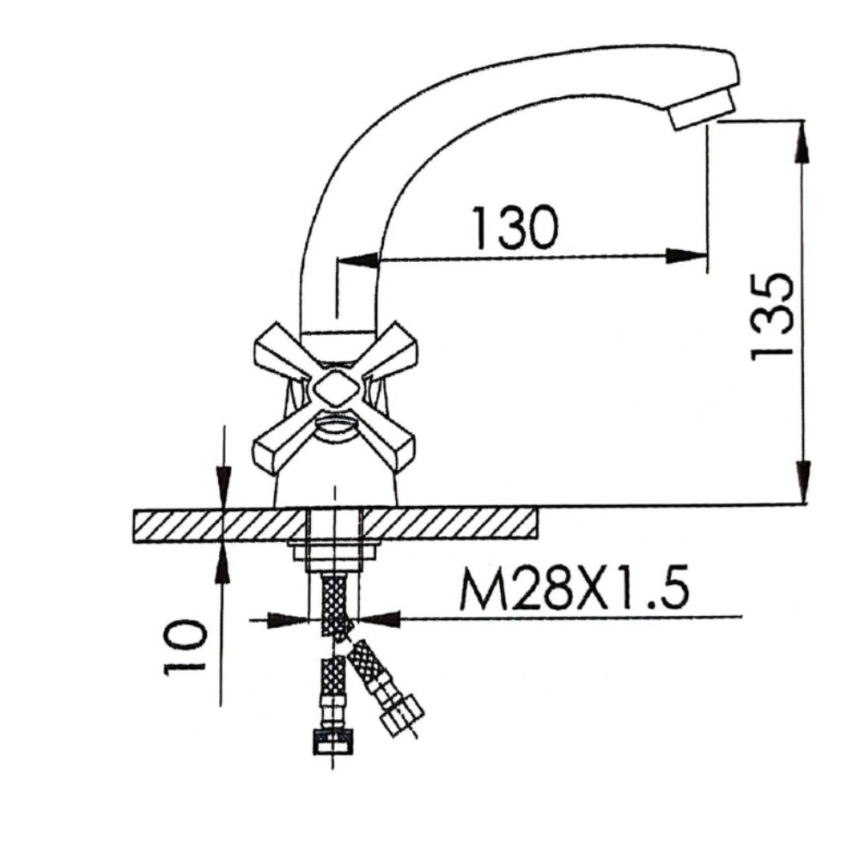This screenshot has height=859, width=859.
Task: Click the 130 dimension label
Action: pos(515,227)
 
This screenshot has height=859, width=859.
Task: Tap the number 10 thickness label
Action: pos(186,646)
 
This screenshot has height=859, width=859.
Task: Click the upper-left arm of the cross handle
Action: pos(279,351)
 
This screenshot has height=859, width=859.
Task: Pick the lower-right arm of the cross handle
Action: pos(391,443)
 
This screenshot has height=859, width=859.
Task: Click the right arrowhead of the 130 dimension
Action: pos(688,255)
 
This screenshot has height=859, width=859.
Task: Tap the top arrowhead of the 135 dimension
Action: pos(802,142)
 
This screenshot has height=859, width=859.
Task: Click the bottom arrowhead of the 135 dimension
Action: pos(802,481)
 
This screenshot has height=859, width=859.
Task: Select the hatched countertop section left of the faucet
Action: pos(220,524)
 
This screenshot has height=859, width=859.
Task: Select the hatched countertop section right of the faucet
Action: pos(451,524)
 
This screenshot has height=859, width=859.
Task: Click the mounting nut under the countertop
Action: pos(335,551)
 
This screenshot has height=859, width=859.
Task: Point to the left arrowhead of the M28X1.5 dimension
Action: pos(289,617)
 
